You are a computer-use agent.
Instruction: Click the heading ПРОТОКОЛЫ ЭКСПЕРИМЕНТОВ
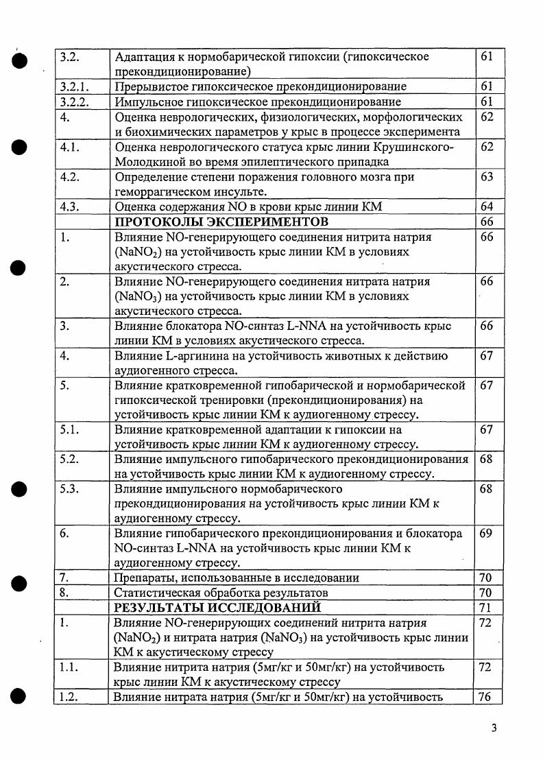(221, 222)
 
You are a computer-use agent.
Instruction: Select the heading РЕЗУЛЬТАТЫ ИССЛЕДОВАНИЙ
(217, 608)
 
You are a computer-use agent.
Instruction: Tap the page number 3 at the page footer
(494, 728)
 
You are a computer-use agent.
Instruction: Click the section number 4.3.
(69, 206)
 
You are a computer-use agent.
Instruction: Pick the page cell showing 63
(487, 177)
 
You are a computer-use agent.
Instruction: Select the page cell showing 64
(487, 206)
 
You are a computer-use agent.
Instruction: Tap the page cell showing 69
(487, 534)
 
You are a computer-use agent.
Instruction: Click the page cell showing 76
(487, 697)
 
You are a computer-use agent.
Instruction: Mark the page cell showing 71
(487, 608)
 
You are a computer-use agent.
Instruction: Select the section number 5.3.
(69, 489)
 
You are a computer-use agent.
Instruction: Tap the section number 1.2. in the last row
(69, 697)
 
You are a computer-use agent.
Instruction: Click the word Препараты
(146, 578)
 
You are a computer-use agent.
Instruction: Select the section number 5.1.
(69, 430)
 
